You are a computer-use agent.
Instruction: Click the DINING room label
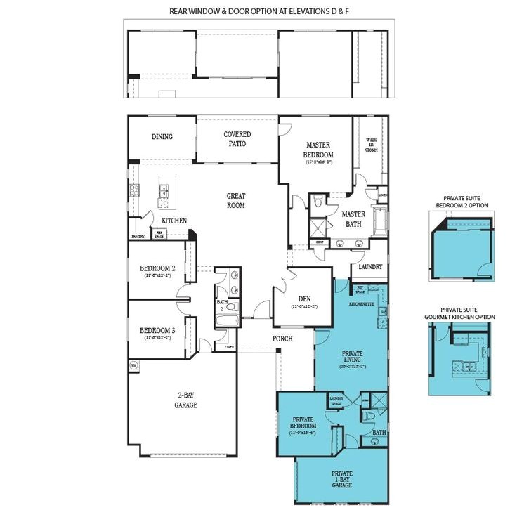click(x=162, y=137)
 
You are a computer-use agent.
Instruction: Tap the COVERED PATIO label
click(x=237, y=138)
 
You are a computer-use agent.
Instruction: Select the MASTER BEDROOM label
click(x=318, y=150)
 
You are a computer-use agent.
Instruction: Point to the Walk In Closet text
click(x=372, y=144)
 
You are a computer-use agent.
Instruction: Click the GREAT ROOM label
click(x=235, y=201)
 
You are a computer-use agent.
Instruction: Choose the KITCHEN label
click(x=174, y=221)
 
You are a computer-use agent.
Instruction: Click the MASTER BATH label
click(x=353, y=218)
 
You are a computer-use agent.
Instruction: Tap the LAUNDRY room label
click(x=370, y=267)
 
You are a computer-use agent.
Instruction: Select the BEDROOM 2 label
click(x=157, y=268)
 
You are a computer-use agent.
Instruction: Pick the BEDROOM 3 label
click(x=157, y=331)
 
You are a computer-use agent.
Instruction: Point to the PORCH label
click(x=282, y=339)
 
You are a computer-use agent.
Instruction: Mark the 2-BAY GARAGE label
click(x=186, y=400)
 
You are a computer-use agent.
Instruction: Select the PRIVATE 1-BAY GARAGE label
click(x=342, y=479)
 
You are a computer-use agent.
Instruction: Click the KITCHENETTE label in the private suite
click(x=361, y=304)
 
